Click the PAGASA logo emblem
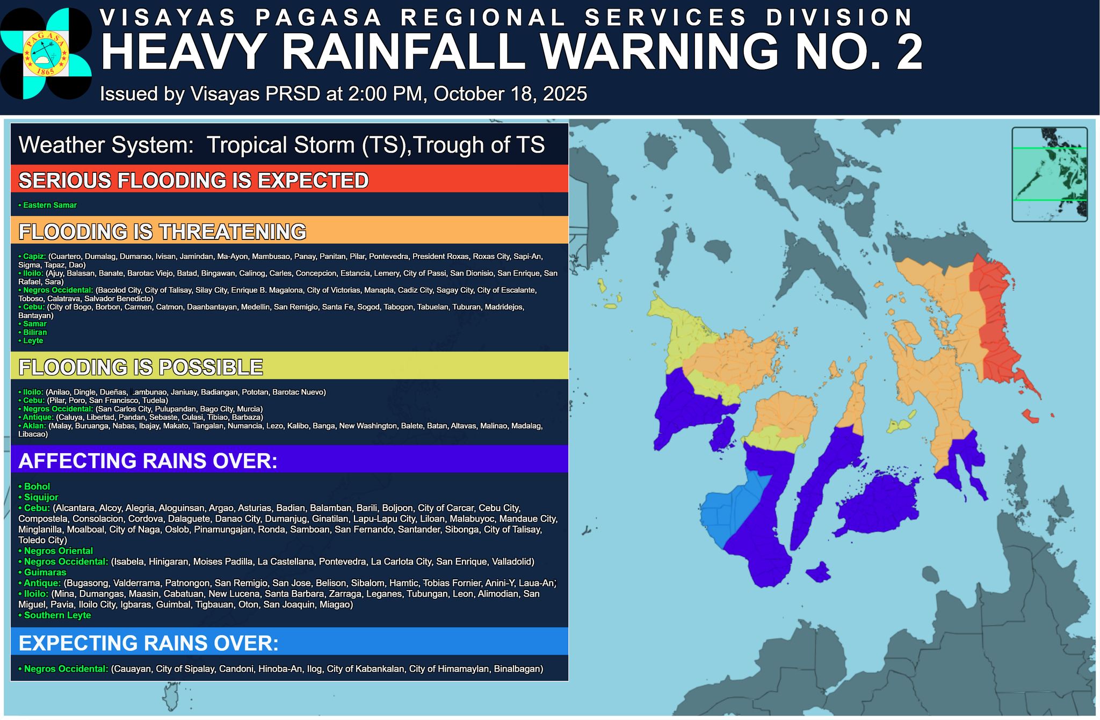(45, 54)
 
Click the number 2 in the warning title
(906, 53)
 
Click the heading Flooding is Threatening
(162, 231)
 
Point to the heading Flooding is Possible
(141, 367)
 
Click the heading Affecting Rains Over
(148, 461)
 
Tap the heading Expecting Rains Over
(149, 643)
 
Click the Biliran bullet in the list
(35, 332)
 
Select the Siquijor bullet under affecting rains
(41, 497)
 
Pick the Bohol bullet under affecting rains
(37, 486)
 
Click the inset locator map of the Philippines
(1049, 174)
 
